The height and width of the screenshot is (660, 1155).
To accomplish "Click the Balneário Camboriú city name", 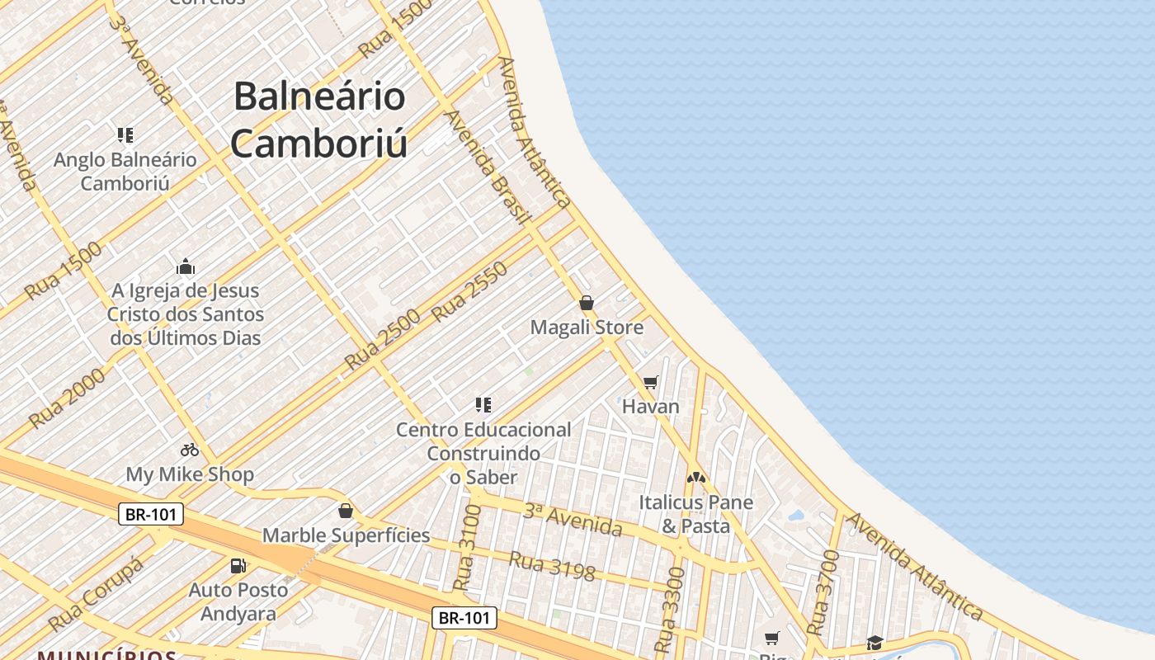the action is coord(319,120).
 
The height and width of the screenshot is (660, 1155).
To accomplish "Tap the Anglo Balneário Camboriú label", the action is coord(125,171).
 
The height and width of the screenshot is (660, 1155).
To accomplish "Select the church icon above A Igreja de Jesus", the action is coord(186,266).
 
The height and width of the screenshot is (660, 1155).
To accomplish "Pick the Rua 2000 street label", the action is coord(67,398).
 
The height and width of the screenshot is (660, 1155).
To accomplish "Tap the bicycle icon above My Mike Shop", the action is coord(190,450).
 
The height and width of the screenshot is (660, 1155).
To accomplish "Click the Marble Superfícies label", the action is coord(346,535).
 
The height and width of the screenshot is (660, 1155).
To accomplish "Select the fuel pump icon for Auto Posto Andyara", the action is coord(238,566).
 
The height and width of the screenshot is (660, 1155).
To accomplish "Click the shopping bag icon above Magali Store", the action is coord(587,303).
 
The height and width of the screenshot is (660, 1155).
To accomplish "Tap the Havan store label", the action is coord(650,406).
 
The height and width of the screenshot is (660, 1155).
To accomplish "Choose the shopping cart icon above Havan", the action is coord(651,382).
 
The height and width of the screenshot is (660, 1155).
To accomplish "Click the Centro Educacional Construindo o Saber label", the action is coord(483,453).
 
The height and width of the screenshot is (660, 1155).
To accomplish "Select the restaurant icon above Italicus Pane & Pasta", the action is coord(696,477).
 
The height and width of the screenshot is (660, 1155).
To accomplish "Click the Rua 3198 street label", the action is coord(552,566).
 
